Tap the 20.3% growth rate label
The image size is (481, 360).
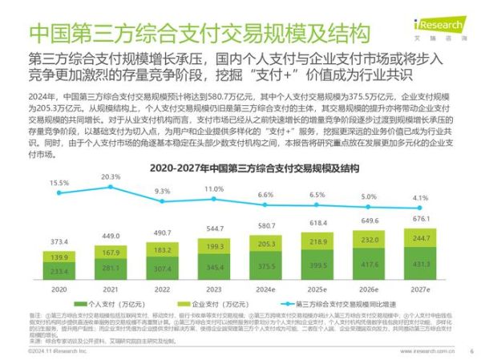click(x=111, y=177)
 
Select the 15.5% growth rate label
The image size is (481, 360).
click(x=59, y=183)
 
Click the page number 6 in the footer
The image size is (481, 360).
click(x=471, y=350)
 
